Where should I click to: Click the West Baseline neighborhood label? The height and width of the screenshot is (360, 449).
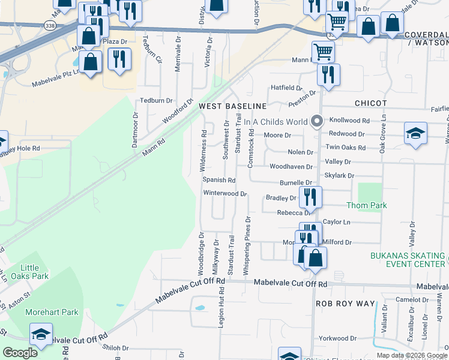pos(232,106)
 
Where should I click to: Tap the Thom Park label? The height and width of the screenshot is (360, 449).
pos(367,205)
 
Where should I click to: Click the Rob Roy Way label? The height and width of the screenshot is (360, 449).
pos(345,304)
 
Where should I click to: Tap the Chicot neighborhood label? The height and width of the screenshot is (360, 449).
pos(370,103)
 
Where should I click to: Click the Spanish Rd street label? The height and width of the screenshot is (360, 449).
pos(218,180)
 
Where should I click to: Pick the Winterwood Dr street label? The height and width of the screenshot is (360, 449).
pos(225,193)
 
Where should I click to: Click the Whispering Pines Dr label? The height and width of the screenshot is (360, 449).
pos(247,247)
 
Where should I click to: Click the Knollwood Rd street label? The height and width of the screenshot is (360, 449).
pos(349,121)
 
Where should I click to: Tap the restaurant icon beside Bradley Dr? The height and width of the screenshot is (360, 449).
pos(310,197)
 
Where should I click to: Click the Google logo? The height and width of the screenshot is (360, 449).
pos(20,353)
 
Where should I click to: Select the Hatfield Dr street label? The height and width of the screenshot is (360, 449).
pos(289,88)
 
